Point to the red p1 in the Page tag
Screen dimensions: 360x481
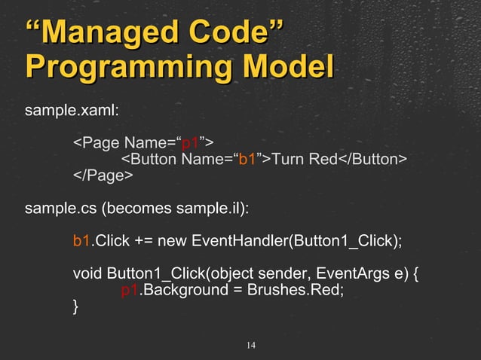coord(191,142)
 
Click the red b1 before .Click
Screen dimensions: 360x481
coord(81,241)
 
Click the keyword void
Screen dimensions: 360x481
coord(87,273)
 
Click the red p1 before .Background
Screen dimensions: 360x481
coord(130,290)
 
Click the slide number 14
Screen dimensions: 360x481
coord(251,346)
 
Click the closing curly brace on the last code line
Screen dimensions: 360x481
coord(75,307)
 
